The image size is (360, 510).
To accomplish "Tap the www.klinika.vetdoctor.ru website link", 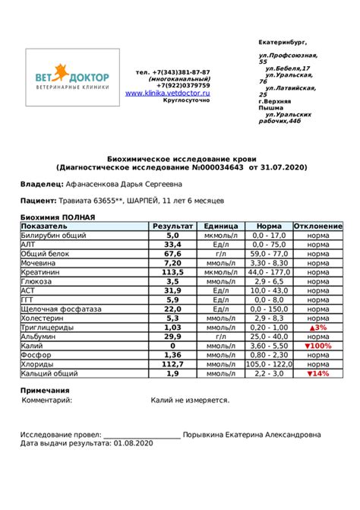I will click(167, 93).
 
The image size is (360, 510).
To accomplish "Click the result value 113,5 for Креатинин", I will click(172, 272).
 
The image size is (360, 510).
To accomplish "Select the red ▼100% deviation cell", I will click(317, 345).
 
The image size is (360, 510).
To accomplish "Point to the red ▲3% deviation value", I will click(317, 327).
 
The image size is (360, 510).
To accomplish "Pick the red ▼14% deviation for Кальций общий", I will click(317, 373).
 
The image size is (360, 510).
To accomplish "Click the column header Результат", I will click(172, 226).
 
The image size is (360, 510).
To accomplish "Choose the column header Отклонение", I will click(317, 226).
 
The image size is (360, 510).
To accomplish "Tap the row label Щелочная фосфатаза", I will click(62, 309).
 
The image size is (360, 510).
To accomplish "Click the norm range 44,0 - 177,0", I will click(270, 272).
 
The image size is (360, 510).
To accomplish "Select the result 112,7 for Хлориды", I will click(172, 364).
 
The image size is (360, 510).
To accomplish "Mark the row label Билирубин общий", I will click(53, 236).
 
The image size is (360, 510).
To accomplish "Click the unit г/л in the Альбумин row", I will click(221, 336).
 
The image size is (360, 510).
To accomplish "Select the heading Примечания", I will click(45, 390).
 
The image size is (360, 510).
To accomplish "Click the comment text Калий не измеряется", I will click(190, 400).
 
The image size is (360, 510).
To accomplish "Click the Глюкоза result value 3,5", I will click(172, 281).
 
